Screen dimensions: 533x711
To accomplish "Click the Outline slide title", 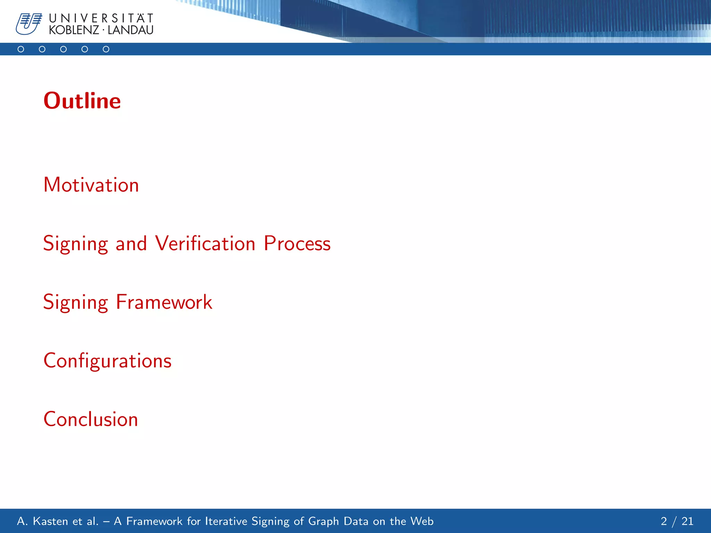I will (x=82, y=101).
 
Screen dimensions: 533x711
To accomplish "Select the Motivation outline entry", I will (x=91, y=185).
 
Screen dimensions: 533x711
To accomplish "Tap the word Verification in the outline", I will (x=205, y=243).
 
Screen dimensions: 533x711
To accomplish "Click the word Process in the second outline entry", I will (x=297, y=243).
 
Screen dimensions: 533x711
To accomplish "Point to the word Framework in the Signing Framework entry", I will (x=164, y=302).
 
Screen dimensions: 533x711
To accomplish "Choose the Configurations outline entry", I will (x=108, y=361).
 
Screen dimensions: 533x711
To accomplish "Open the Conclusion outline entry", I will (x=91, y=419).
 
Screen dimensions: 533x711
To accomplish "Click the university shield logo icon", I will (x=28, y=24).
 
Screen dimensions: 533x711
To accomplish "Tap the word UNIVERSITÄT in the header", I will (x=101, y=18).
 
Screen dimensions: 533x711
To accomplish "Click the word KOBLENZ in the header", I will (x=74, y=30).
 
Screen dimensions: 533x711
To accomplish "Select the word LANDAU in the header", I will (x=131, y=30).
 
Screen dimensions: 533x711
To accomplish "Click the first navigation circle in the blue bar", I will (x=21, y=49).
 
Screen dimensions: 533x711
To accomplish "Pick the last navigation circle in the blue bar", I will (x=106, y=49).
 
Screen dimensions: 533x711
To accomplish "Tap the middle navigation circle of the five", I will (x=64, y=49).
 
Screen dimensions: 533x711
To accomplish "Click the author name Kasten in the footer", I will (x=50, y=521).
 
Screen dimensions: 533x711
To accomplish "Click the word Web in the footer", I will (x=422, y=521).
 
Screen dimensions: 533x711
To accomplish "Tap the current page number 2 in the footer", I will (x=664, y=521).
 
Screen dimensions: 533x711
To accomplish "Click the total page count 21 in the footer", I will (x=687, y=521).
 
